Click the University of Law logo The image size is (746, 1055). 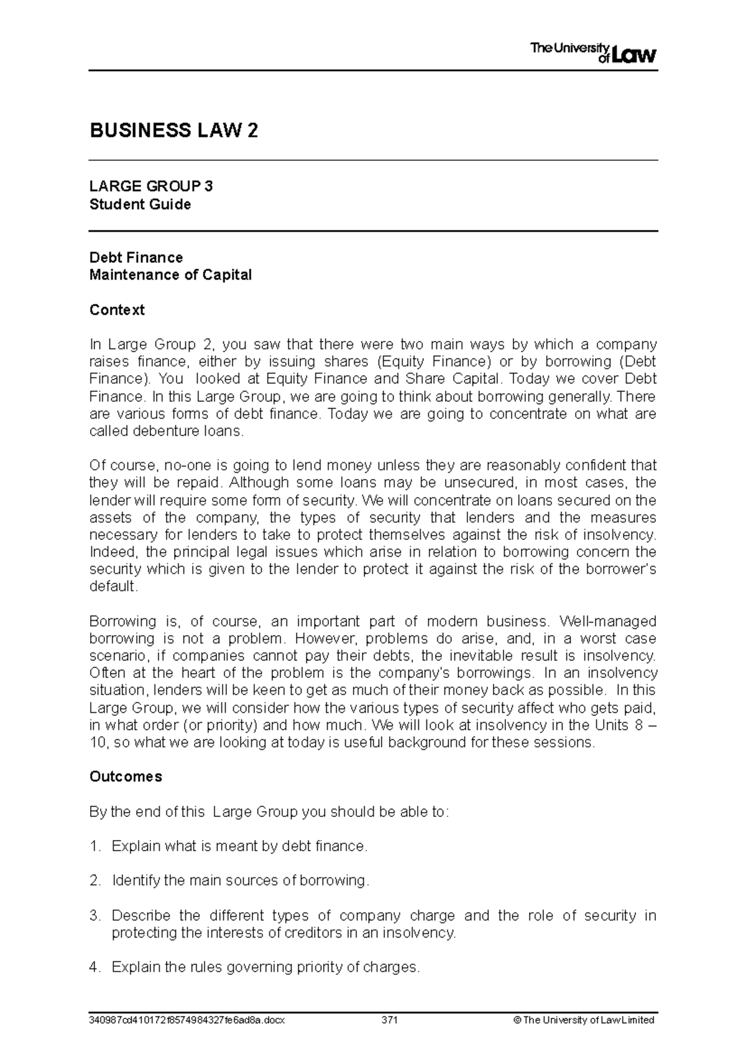(593, 53)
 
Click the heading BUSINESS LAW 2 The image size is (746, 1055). (173, 131)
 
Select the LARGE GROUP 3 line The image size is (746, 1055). (151, 186)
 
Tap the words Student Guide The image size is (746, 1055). (140, 204)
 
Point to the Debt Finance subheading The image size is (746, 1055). (136, 257)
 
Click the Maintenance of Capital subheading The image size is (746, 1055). (170, 275)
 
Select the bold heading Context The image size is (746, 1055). (117, 309)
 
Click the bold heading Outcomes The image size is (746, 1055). (126, 777)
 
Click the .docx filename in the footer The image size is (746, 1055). (187, 1020)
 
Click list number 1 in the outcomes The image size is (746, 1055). (94, 846)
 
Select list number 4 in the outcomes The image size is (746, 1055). (94, 967)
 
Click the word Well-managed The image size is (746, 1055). (608, 621)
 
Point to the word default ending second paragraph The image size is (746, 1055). (112, 587)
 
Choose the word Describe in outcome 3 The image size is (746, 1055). (140, 916)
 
